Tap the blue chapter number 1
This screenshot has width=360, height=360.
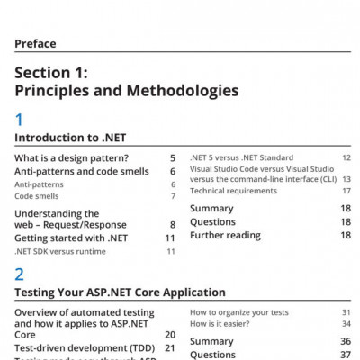coord(19,119)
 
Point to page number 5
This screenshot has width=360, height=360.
coord(172,158)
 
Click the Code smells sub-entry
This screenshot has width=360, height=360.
coord(34,195)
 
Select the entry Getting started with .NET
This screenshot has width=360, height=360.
coord(70,238)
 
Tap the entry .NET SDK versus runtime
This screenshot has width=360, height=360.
coord(59,251)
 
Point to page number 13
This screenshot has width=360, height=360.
coord(346,179)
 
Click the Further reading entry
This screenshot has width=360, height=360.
coord(226,235)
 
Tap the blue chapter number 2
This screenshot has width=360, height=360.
coord(20,274)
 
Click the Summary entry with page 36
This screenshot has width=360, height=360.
coord(211,342)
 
